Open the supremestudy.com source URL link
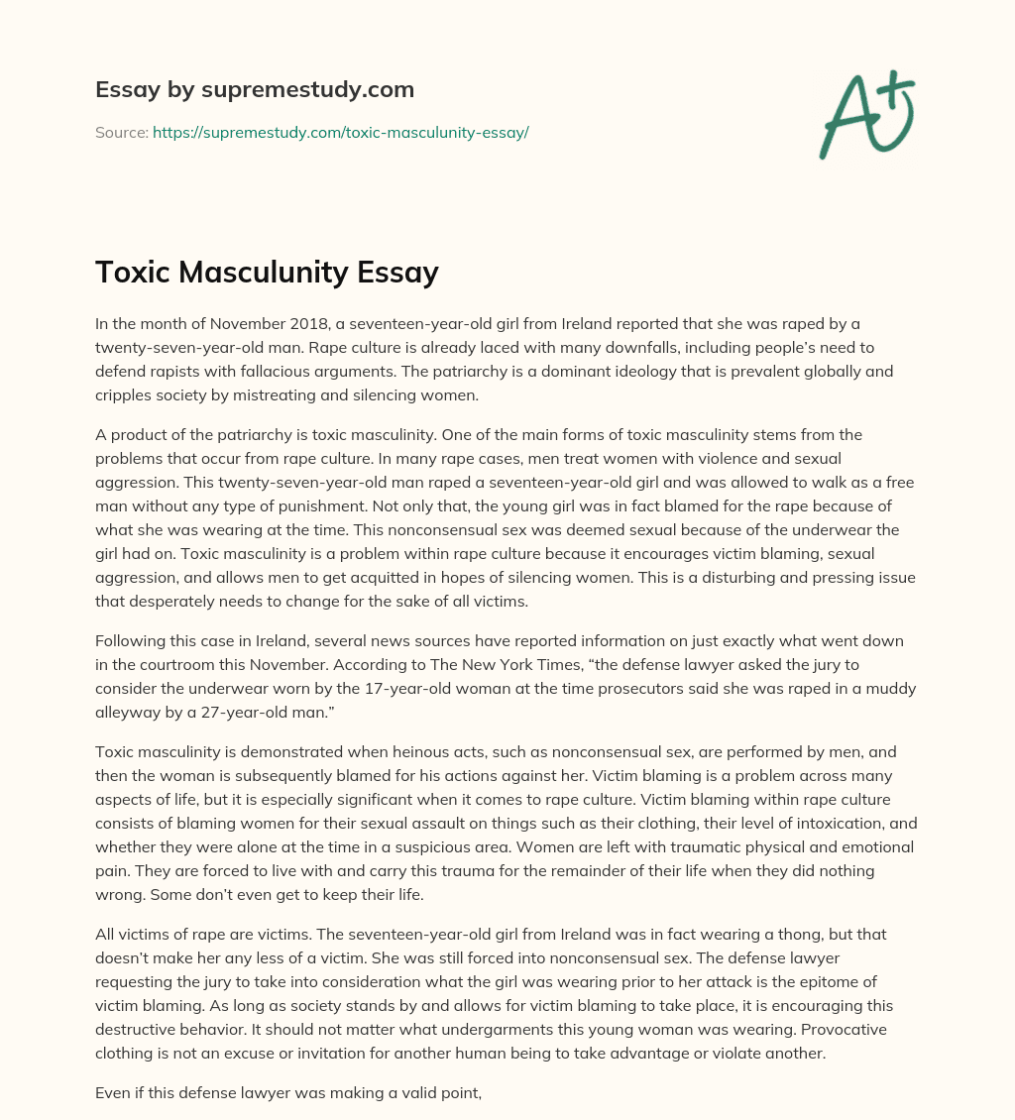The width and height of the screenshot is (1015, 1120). [340, 132]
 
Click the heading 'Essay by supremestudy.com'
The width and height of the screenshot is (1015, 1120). [255, 89]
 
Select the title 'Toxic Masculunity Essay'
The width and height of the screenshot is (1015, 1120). [267, 272]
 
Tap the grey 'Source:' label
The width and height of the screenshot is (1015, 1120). [121, 132]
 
